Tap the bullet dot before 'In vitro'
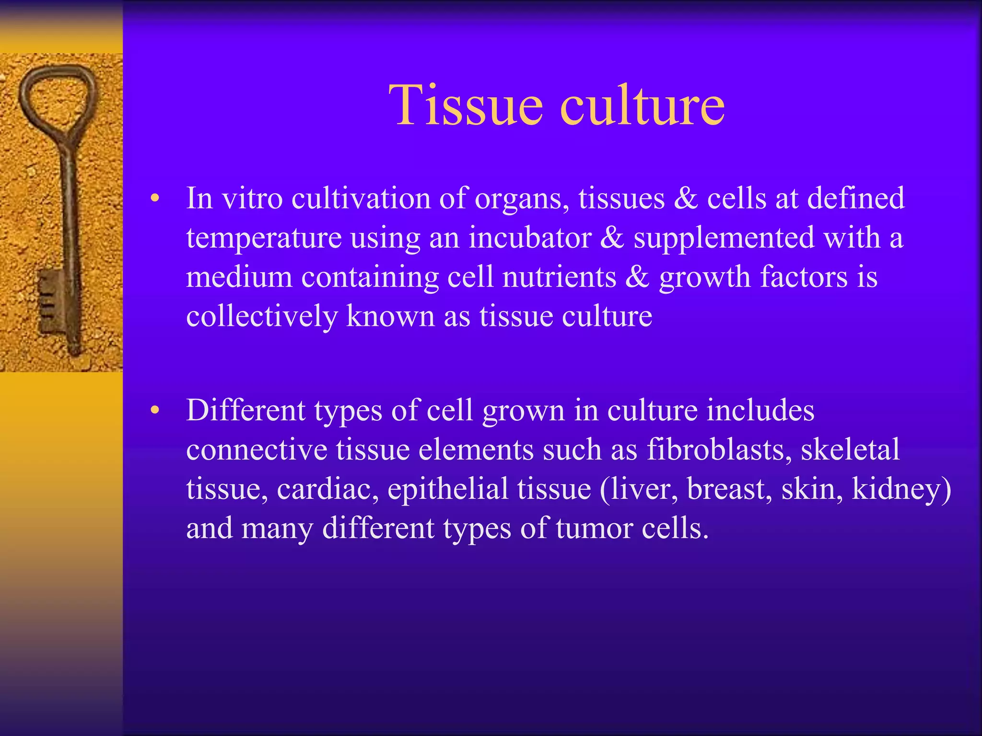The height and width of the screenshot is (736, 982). pos(154,198)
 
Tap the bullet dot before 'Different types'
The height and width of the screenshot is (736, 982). pos(154,410)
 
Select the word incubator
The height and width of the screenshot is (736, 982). pos(530,238)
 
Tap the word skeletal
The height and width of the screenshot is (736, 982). pos(850,449)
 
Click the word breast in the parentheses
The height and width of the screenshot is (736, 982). pos(729,489)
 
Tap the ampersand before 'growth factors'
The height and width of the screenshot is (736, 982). pos(637,277)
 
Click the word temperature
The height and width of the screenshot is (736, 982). pos(264,239)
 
